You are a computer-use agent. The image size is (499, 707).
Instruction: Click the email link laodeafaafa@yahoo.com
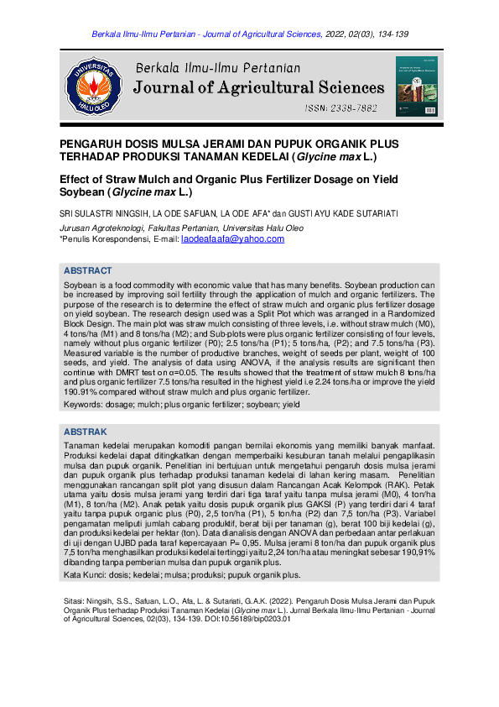[232, 239]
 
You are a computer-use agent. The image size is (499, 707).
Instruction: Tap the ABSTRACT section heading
[88, 271]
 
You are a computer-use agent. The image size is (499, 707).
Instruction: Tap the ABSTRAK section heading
[86, 432]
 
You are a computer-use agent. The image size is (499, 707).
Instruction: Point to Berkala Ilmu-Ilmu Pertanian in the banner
[218, 67]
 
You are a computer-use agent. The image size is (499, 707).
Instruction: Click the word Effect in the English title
[78, 180]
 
